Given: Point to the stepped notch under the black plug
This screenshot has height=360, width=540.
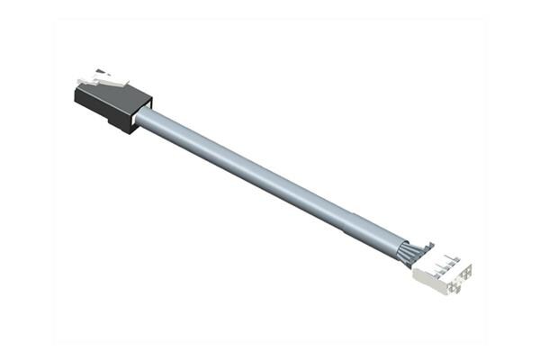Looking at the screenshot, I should (117, 124).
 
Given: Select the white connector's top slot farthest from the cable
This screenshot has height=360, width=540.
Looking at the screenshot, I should (455, 262).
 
